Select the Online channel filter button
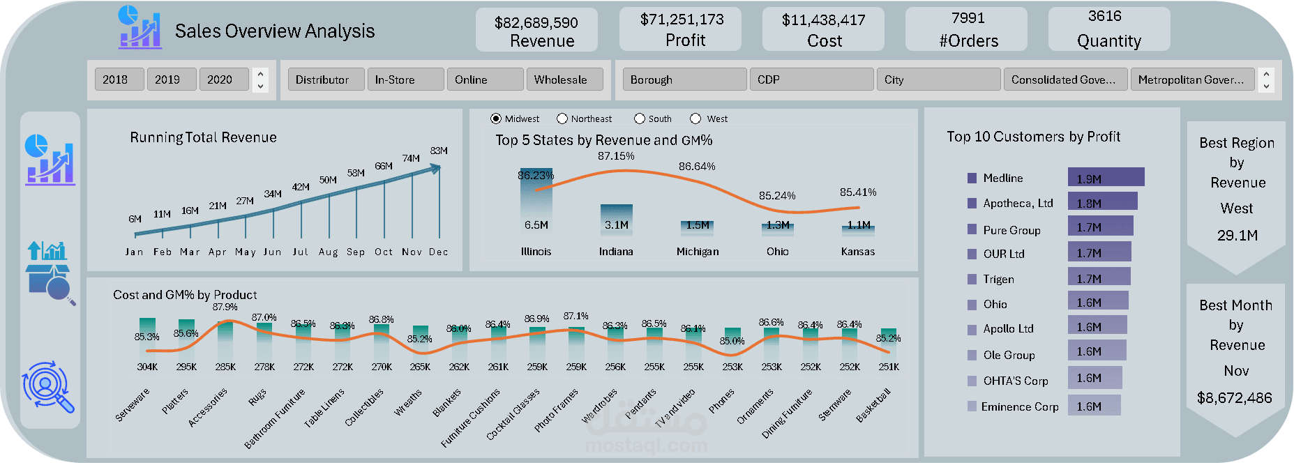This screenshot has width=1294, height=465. tap(485, 79)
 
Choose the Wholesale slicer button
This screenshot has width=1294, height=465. tap(564, 79)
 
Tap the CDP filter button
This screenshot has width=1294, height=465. tap(810, 79)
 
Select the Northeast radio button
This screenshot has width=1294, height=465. tap(562, 119)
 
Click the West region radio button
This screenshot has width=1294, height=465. tap(695, 119)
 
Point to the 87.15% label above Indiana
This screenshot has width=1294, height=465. tap(616, 156)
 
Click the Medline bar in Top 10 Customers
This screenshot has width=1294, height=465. tap(1106, 178)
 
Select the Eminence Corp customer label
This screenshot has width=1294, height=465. tap(1019, 406)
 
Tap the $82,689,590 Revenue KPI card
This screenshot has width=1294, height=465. tap(536, 31)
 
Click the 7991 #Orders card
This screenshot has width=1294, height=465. tap(967, 29)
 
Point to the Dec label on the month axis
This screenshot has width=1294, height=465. tap(439, 252)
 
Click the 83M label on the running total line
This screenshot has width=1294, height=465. tap(439, 151)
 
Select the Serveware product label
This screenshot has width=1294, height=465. tap(133, 405)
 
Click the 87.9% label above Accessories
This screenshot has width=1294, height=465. tap(225, 307)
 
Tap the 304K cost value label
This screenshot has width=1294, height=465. tap(147, 367)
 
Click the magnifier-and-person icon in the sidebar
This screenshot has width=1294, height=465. tap(47, 386)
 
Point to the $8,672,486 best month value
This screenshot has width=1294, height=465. tap(1235, 398)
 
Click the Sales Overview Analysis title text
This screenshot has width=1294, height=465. tap(275, 31)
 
